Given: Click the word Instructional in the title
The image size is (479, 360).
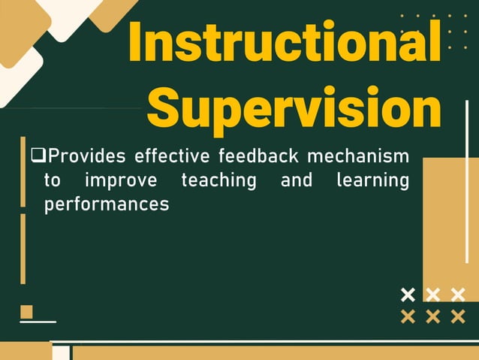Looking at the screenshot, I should point(285,41).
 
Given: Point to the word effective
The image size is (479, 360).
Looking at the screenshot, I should point(173,156).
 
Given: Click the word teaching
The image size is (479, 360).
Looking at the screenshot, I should point(218,181).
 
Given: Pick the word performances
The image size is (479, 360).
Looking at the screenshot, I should point(107,204).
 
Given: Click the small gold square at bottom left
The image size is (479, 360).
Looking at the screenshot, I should point(26,311).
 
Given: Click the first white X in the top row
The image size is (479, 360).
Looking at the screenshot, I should point(408,294).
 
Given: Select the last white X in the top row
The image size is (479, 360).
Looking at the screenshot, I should point(457,294).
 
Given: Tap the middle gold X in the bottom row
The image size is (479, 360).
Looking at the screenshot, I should point(432,316).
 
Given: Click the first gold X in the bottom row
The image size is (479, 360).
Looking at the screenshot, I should point(408,316).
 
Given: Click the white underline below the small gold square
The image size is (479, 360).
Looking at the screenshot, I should point(38,322).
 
